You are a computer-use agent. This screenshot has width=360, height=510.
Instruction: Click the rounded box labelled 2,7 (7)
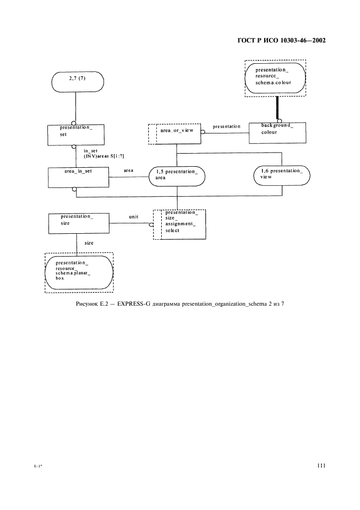click(76, 82)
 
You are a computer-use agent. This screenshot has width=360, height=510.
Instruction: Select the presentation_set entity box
click(76, 134)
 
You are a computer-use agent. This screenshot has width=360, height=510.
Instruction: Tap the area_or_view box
click(174, 133)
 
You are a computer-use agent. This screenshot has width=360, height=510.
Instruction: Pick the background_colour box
click(277, 132)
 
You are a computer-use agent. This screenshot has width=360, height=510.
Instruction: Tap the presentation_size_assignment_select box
click(180, 224)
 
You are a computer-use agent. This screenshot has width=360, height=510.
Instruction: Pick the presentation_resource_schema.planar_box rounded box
click(78, 271)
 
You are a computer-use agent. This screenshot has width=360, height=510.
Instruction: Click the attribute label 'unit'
click(133, 217)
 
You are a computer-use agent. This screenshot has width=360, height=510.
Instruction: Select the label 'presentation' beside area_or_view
click(226, 126)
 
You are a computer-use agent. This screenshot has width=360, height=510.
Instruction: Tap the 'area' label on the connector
click(129, 171)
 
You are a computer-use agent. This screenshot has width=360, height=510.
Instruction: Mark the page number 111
click(320, 465)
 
